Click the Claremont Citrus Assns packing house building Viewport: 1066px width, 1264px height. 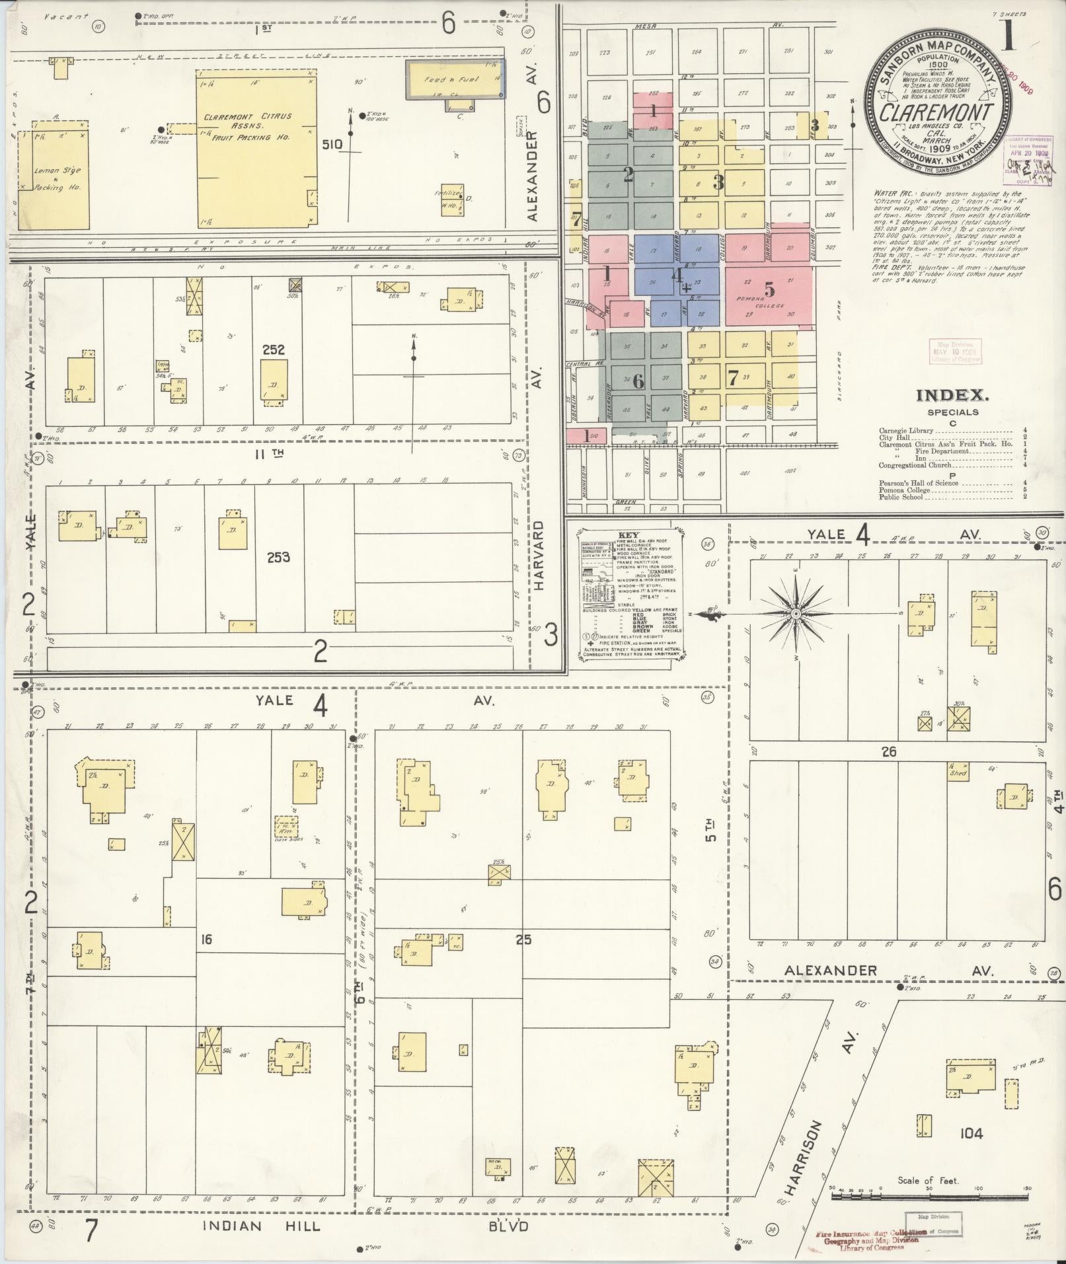[256, 151]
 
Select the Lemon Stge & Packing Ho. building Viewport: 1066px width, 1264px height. [53, 175]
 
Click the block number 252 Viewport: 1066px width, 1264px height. [273, 349]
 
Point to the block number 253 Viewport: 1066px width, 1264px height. [278, 557]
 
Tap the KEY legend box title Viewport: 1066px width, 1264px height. [628, 535]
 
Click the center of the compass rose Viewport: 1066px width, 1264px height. [796, 614]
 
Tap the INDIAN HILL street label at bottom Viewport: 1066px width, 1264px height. [262, 1226]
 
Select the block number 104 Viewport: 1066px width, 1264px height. [971, 1134]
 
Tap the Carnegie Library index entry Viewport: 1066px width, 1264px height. [905, 430]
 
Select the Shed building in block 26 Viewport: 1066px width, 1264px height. [958, 772]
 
